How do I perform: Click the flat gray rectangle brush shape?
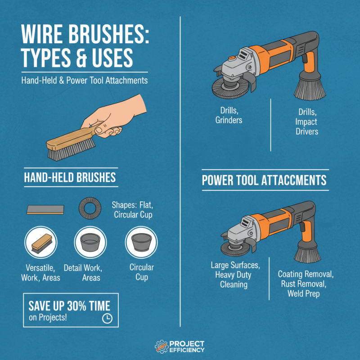[45, 209]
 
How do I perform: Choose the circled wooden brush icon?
[41, 243]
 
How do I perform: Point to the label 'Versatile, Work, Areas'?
[41, 273]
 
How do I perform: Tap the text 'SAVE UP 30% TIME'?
[69, 306]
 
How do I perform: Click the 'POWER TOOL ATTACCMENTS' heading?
[264, 180]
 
